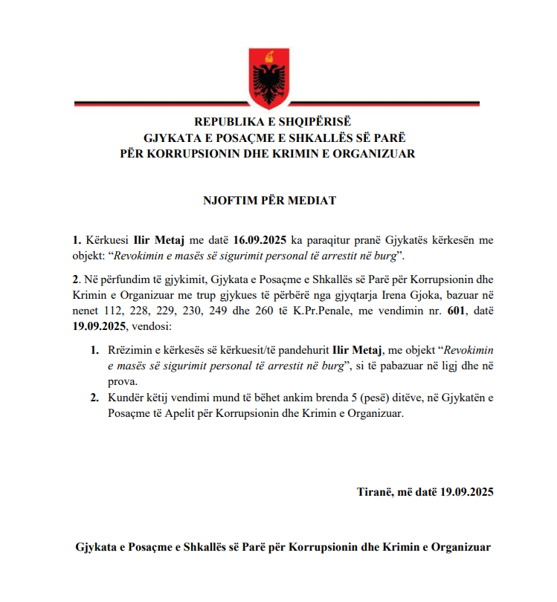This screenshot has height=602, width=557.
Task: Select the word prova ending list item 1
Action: pyautogui.click(x=122, y=381)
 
